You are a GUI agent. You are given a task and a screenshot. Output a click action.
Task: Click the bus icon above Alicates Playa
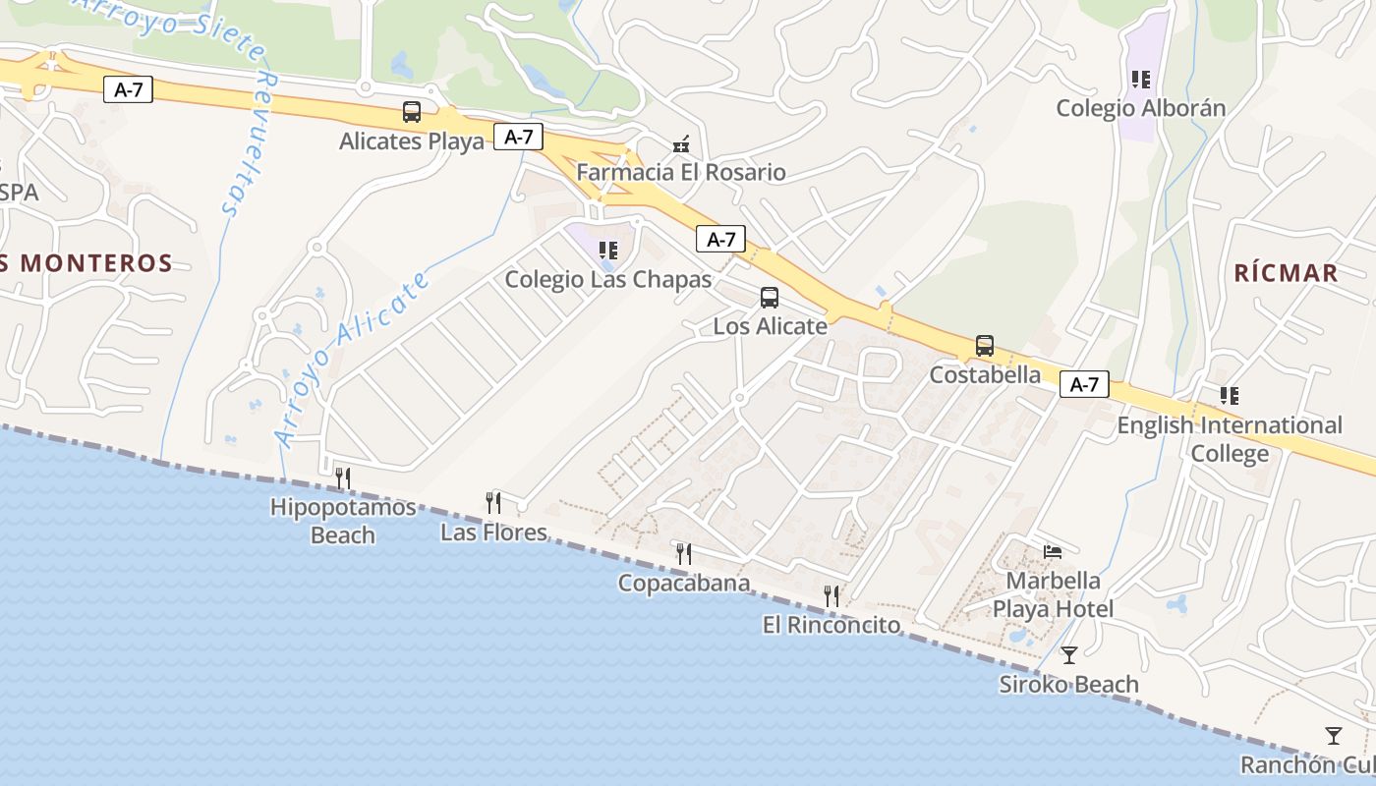tap(412, 112)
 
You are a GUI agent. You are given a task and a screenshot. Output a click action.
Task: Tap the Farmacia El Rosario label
tap(681, 173)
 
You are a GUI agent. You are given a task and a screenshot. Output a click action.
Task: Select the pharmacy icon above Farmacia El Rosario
tap(680, 144)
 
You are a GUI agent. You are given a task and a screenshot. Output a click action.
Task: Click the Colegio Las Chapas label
tap(607, 280)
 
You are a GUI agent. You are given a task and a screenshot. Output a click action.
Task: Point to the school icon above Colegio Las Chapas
tap(608, 251)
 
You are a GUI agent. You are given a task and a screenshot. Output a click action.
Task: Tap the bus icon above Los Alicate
tap(770, 297)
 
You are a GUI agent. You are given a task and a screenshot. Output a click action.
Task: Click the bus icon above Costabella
tap(985, 346)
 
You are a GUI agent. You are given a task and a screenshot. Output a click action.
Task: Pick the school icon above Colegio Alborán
tap(1140, 79)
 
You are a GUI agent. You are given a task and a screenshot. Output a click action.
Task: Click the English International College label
tap(1229, 439)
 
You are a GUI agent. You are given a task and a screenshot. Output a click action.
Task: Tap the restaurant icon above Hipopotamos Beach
tap(343, 478)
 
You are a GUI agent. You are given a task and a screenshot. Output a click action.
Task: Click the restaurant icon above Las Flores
tap(493, 503)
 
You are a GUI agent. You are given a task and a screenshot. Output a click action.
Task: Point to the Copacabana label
tap(683, 583)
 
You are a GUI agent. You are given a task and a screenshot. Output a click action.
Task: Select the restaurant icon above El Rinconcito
tap(831, 595)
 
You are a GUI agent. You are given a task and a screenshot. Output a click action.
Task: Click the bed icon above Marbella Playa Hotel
tap(1053, 552)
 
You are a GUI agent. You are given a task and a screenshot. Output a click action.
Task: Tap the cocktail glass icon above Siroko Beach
tap(1069, 655)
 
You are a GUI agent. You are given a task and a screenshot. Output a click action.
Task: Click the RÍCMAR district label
tap(1287, 273)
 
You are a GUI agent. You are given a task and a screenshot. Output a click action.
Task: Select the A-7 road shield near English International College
tap(1084, 385)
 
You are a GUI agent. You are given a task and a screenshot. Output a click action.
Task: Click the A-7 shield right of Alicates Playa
tap(518, 137)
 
